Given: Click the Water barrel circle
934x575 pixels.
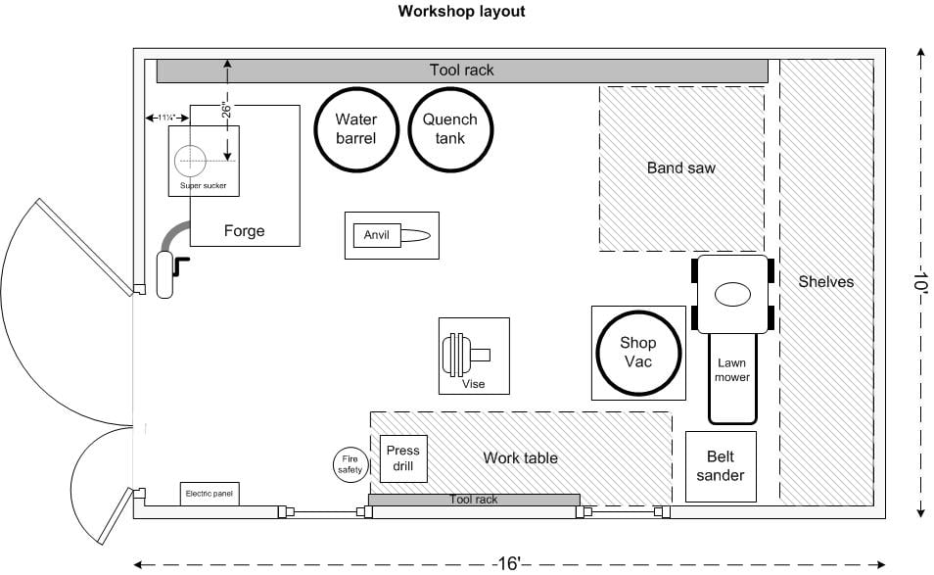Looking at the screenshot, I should (x=356, y=129).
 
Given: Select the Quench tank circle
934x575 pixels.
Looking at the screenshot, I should (x=450, y=129).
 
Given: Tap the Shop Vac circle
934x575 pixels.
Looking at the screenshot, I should (x=637, y=353).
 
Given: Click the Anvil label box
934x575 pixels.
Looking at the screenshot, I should (x=377, y=235).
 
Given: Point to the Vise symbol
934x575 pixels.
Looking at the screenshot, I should (x=459, y=354).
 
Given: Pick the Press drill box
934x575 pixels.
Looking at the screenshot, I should (x=402, y=458).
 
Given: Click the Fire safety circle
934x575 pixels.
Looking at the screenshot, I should (x=350, y=463).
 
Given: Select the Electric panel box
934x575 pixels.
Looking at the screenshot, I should (x=210, y=494).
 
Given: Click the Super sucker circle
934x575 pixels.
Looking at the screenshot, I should (x=191, y=159).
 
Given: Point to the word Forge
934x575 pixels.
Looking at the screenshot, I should (x=244, y=231).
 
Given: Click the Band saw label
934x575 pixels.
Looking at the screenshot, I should (x=680, y=168).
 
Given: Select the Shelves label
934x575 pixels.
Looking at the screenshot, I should (x=825, y=282).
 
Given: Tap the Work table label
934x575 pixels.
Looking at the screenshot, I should (x=520, y=457).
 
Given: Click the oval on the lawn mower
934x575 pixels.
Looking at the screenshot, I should (x=731, y=294).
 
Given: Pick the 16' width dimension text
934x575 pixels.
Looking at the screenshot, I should (x=507, y=563).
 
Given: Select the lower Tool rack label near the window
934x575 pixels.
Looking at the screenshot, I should (x=473, y=500).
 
